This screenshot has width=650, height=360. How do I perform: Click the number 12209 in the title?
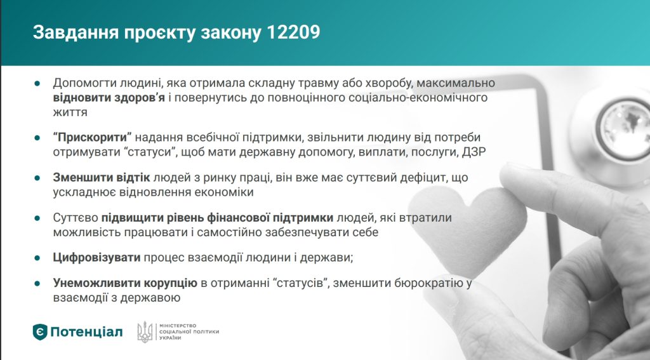click(293, 32)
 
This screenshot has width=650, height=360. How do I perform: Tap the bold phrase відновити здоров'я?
click(109, 98)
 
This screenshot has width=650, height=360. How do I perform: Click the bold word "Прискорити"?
click(92, 137)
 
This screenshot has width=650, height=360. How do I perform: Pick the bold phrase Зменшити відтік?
click(101, 178)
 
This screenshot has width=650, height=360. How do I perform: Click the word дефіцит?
click(420, 178)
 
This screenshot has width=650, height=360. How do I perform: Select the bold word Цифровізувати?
click(96, 258)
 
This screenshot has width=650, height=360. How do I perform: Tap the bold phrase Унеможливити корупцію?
click(125, 283)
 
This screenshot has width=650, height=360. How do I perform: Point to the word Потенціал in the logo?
click(86, 332)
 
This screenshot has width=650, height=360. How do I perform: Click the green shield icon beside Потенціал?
click(40, 332)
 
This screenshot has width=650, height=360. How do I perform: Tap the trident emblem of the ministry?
click(145, 332)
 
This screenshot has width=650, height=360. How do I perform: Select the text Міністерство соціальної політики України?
click(189, 332)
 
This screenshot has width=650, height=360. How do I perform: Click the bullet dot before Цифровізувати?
click(37, 258)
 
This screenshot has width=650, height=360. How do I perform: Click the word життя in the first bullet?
click(70, 112)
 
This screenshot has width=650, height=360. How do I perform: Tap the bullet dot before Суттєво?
click(37, 218)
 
